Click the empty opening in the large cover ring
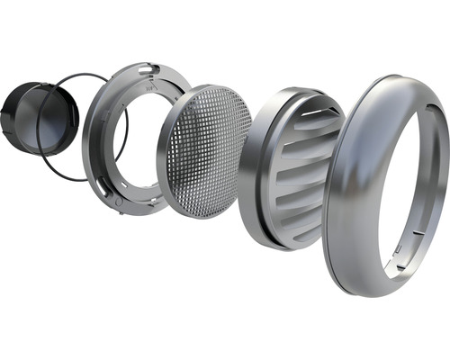(x=409, y=180)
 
